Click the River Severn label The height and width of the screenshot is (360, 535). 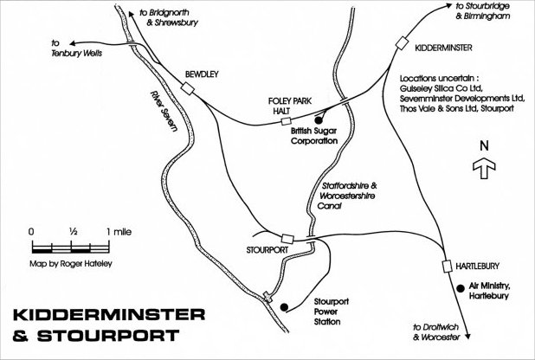coord(164,109)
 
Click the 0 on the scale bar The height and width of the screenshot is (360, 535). coord(31,231)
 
